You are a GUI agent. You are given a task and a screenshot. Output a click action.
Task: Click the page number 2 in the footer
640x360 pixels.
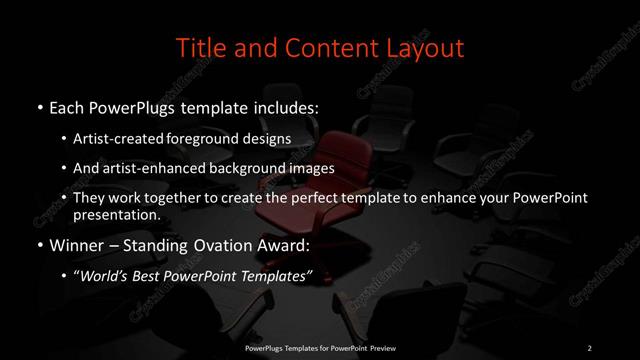590,347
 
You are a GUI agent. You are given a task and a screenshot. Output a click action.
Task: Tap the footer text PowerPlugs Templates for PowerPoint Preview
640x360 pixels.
319,347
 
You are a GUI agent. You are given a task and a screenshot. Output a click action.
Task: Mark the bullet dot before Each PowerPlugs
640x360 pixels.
38,107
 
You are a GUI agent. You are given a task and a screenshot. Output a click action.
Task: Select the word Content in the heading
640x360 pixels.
329,47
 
